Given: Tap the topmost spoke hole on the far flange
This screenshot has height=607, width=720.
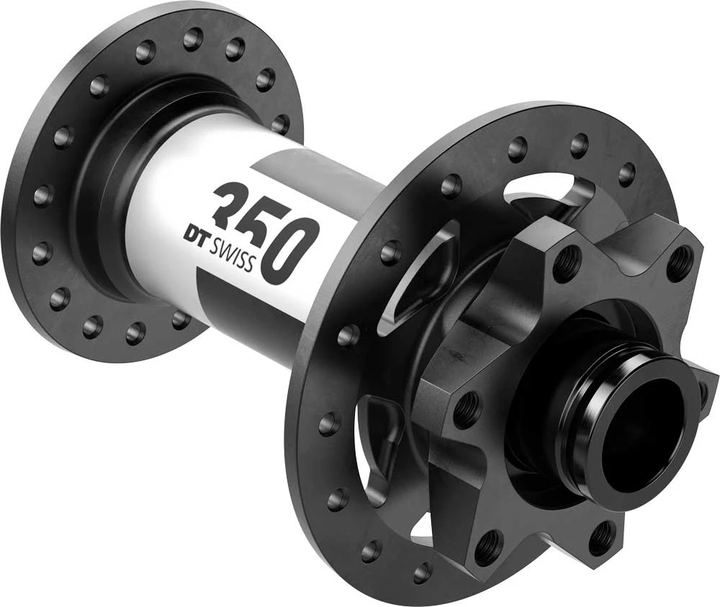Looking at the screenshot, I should (x=192, y=38).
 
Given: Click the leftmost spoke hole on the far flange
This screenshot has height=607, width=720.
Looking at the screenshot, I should (x=42, y=195).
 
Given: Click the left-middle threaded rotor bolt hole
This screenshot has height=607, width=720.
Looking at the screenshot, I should (x=466, y=409).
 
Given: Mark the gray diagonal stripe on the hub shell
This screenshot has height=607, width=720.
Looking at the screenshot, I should (x=317, y=173).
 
